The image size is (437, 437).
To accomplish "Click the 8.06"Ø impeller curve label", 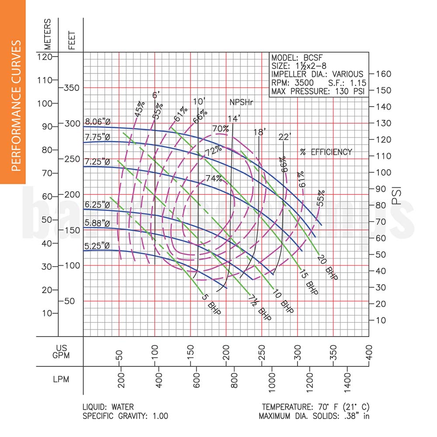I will (x=97, y=122).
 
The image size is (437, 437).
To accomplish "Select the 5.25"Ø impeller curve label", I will (x=97, y=246).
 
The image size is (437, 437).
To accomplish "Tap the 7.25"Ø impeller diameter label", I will (x=97, y=162).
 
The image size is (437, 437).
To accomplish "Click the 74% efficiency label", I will (x=214, y=178).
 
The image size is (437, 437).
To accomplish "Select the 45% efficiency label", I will (x=140, y=109).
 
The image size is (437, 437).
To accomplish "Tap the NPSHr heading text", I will (x=242, y=102).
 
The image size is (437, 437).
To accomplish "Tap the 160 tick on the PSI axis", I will (x=381, y=73).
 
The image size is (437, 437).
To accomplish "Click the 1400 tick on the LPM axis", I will (x=347, y=377).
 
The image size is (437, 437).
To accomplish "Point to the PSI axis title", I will (x=396, y=196).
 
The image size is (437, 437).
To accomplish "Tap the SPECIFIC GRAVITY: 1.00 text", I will (x=125, y=416).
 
